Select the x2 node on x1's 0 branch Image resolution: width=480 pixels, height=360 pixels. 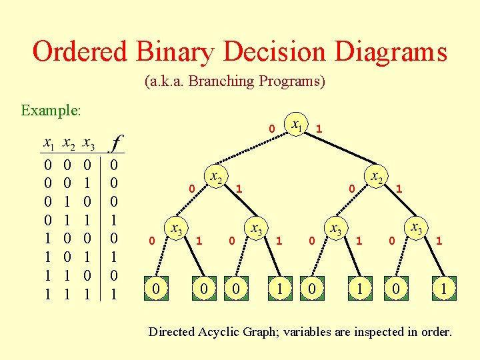point(215,177)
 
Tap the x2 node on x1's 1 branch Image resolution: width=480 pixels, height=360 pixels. point(377,177)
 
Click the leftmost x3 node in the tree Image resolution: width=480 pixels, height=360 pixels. point(176,229)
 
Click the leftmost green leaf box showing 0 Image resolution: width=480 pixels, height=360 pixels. point(155,288)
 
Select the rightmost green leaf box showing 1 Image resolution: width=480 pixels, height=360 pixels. point(443,288)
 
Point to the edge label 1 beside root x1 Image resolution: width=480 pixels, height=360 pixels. point(319,127)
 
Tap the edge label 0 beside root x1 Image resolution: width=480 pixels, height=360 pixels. point(271,127)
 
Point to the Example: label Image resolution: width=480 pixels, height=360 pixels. point(51,110)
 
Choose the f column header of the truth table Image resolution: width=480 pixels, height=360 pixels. point(117,143)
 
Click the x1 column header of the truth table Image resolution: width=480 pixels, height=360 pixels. point(48,143)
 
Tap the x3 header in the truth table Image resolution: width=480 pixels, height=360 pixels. point(87,143)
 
